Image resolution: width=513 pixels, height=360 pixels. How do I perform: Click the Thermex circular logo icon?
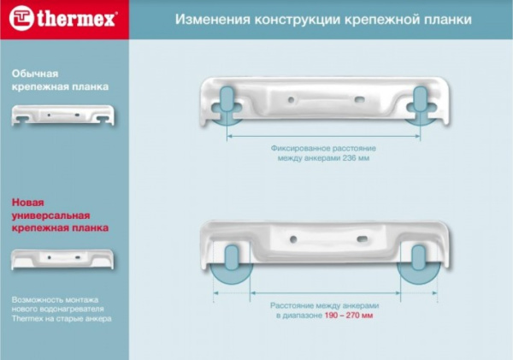click(21, 18)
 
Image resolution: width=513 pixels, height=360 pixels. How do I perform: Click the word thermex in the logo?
click(76, 19)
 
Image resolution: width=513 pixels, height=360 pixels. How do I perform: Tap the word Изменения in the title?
click(213, 20)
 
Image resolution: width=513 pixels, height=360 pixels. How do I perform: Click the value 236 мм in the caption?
click(356, 158)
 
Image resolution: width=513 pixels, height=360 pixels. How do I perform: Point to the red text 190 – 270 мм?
click(349, 316)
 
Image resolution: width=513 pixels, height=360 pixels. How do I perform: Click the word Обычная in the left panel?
click(35, 74)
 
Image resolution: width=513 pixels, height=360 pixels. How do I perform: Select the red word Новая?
click(28, 203)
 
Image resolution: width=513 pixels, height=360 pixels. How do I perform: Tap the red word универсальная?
click(50, 216)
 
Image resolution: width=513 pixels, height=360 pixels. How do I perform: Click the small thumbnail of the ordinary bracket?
click(62, 115)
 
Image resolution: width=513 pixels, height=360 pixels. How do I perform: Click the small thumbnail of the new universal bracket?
click(62, 259)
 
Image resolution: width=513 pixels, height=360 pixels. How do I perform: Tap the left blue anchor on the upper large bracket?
click(226, 99)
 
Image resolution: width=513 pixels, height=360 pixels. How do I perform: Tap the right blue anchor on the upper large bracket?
click(421, 99)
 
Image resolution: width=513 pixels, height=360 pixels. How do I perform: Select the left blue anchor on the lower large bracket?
click(232, 257)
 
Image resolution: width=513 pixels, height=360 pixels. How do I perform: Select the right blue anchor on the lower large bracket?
click(418, 257)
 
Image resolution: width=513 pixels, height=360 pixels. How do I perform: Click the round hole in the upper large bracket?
click(291, 99)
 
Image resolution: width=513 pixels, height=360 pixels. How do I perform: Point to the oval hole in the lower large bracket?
click(362, 239)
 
